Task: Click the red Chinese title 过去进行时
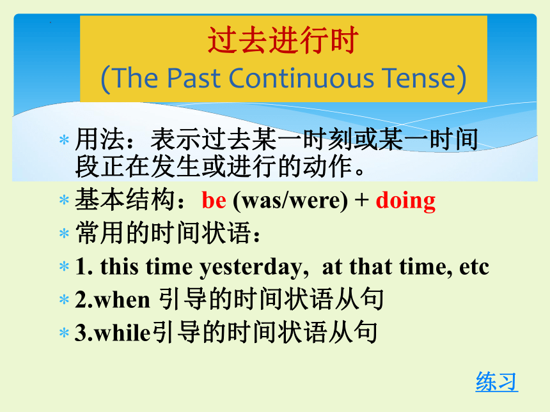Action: pyautogui.click(x=283, y=40)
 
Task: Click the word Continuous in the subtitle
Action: pyautogui.click(x=301, y=78)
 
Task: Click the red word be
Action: pyautogui.click(x=214, y=201)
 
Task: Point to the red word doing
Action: pyautogui.click(x=405, y=201)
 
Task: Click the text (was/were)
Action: pyautogui.click(x=290, y=201)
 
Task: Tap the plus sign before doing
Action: pyautogui.click(x=361, y=201)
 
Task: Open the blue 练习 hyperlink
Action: pyautogui.click(x=497, y=381)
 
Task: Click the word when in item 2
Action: pyautogui.click(x=122, y=300)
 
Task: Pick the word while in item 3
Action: pyautogui.click(x=122, y=332)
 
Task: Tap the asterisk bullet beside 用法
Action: pyautogui.click(x=64, y=140)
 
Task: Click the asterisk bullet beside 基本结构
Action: pyautogui.click(x=64, y=201)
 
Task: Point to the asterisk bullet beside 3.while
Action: pyautogui.click(x=64, y=332)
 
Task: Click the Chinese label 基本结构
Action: pyautogui.click(x=125, y=200)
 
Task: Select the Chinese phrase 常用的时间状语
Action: pyautogui.click(x=163, y=233)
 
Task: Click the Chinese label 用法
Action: pyautogui.click(x=100, y=139)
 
